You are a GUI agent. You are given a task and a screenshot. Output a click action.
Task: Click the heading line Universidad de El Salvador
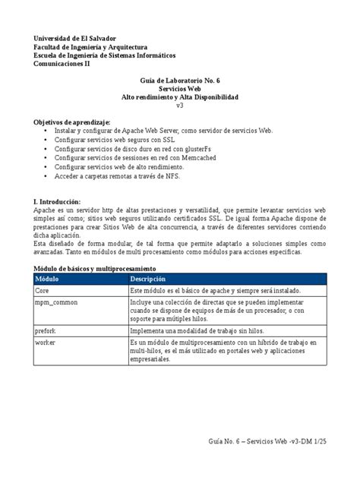[79, 37]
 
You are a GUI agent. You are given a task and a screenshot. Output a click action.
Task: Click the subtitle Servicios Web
[179, 90]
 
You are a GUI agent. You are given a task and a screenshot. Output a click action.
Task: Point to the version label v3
[180, 107]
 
